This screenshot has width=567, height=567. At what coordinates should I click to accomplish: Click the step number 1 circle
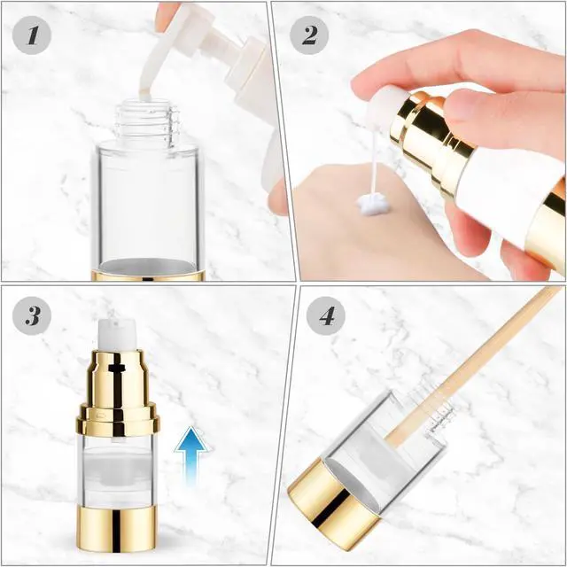click(32, 35)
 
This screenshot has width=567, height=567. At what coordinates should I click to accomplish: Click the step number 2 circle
click(309, 35)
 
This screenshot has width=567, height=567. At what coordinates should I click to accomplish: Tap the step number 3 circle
click(32, 315)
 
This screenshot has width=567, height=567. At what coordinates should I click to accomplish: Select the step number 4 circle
click(326, 315)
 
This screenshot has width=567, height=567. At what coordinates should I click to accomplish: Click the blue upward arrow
click(191, 456)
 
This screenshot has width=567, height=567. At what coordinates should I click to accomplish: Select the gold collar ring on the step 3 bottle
click(118, 420)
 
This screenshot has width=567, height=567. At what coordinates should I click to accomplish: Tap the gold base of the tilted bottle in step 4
click(335, 503)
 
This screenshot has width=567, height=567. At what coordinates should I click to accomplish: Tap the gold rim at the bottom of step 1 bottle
click(148, 275)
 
